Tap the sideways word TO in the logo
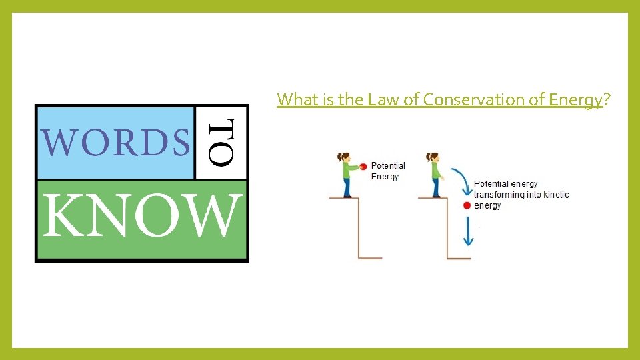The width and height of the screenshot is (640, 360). [221, 142]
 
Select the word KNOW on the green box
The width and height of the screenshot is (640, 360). [142, 217]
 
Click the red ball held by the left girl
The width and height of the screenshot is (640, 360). [363, 166]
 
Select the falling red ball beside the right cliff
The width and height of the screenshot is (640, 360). [467, 205]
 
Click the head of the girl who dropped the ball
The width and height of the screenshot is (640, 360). [434, 158]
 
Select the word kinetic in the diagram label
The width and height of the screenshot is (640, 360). [556, 195]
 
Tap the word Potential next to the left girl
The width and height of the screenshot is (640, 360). [388, 166]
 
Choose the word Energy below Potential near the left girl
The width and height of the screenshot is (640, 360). [385, 177]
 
